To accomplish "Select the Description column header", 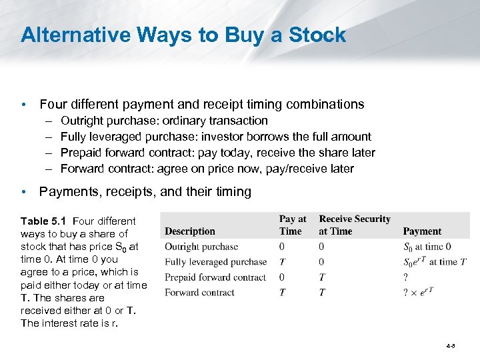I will pyautogui.click(x=190, y=231).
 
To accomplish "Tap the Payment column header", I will pyautogui.click(x=422, y=231).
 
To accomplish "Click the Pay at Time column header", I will pyautogui.click(x=292, y=225).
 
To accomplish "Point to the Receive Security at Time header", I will pyautogui.click(x=355, y=225).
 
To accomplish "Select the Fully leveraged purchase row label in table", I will pyautogui.click(x=216, y=262).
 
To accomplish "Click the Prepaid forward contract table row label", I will pyautogui.click(x=215, y=277).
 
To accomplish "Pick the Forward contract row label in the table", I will pyautogui.click(x=199, y=293).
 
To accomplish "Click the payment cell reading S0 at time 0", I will pyautogui.click(x=427, y=247).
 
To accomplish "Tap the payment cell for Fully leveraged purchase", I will pyautogui.click(x=435, y=262).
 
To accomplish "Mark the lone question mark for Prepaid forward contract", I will pyautogui.click(x=406, y=277).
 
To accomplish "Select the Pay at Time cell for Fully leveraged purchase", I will pyautogui.click(x=282, y=262).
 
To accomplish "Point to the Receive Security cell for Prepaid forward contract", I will pyautogui.click(x=322, y=277).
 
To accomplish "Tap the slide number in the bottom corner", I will pyautogui.click(x=451, y=346).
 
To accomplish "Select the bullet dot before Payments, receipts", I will pyautogui.click(x=24, y=192).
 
